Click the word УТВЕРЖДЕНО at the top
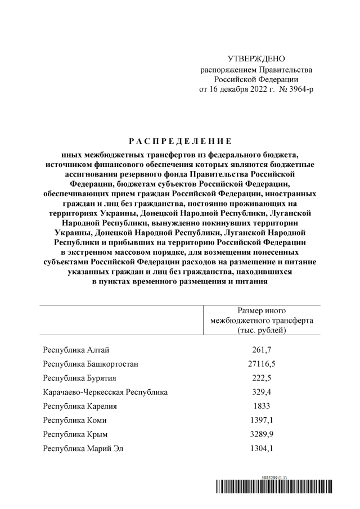[256, 59]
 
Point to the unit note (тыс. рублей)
[262, 330]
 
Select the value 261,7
[262, 350]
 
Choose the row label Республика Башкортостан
[91, 364]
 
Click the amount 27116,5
[262, 364]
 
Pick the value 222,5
[262, 378]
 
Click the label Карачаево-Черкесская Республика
[105, 392]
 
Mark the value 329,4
[262, 392]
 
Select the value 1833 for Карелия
[262, 406]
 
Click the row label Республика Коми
[74, 420]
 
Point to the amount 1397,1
[262, 420]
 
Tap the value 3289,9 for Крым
[262, 434]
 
